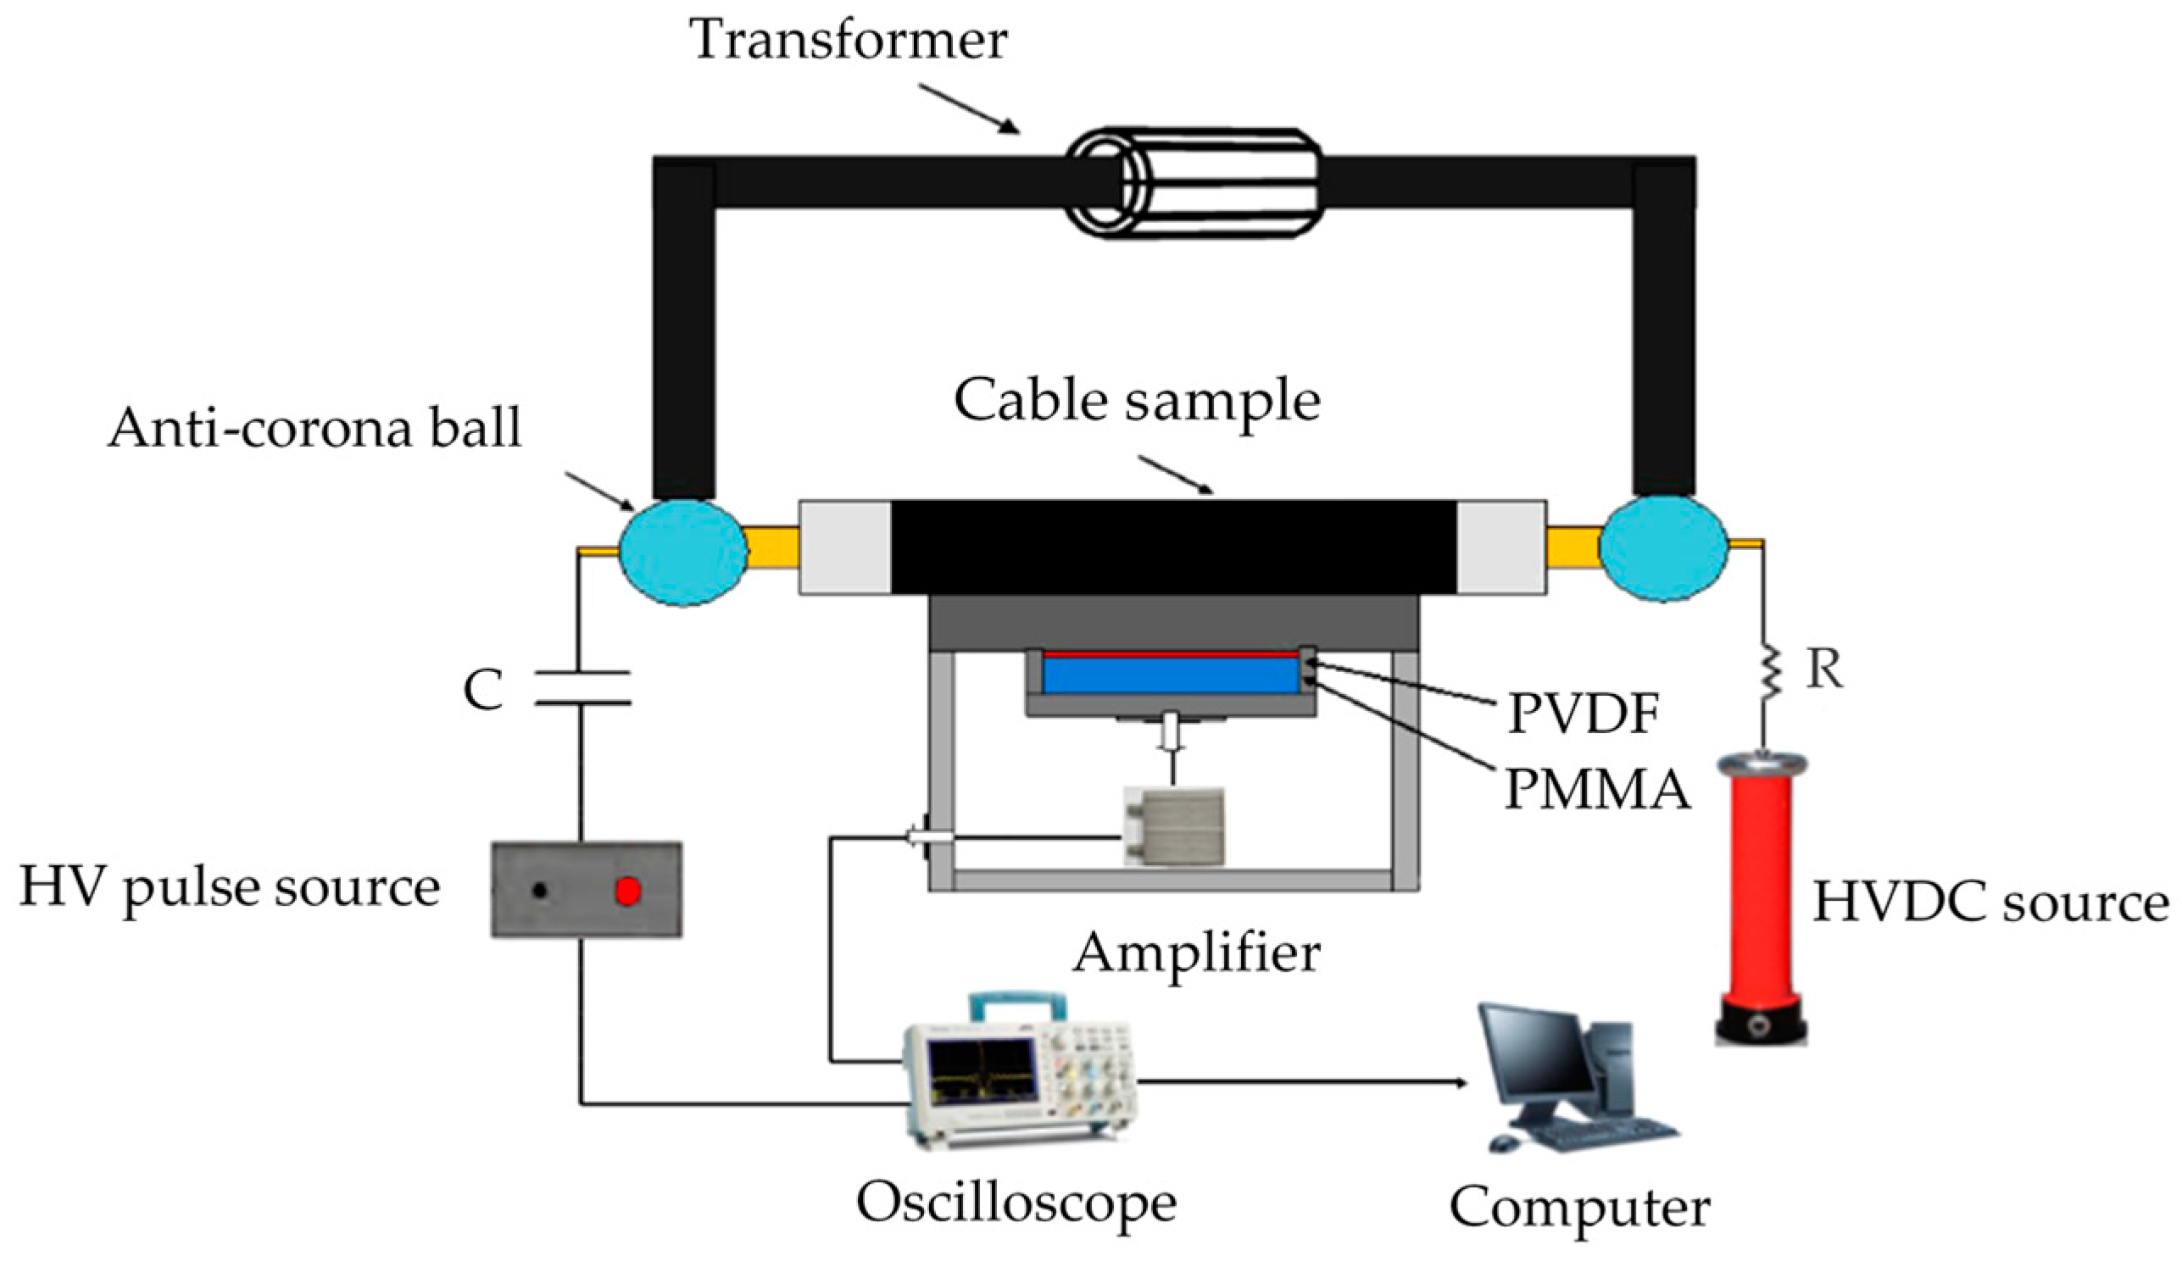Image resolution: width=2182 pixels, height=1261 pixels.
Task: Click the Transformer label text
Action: (849, 39)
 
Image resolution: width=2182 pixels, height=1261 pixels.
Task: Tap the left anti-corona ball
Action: (682, 552)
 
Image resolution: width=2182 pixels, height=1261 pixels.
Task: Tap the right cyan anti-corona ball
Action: (1662, 547)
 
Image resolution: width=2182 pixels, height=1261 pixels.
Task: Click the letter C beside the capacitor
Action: (483, 690)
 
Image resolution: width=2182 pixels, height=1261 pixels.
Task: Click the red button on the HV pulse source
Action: (628, 891)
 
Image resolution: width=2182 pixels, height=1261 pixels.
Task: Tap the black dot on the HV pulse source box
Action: (540, 890)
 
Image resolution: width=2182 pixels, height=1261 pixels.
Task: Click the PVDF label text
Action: (1583, 714)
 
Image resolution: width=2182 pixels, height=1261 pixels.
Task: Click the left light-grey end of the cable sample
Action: (844, 547)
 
